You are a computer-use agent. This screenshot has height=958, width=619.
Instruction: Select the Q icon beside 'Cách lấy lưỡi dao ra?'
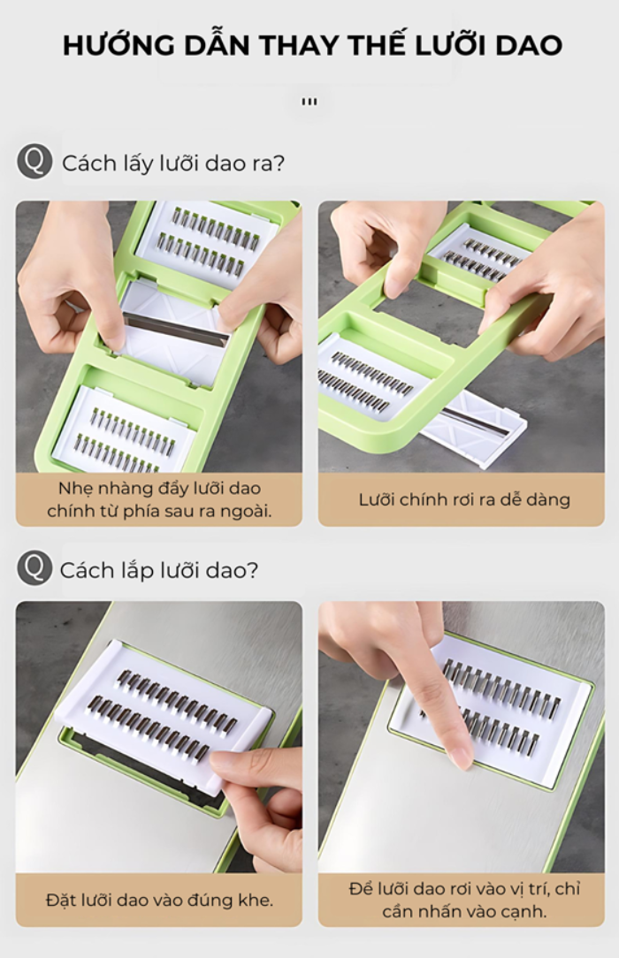[x=34, y=162]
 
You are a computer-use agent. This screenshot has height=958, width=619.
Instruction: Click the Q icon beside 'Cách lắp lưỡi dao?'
[x=34, y=567]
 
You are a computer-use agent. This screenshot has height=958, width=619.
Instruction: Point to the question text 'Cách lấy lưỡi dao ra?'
[x=173, y=163]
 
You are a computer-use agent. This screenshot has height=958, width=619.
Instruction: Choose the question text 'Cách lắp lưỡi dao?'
[x=159, y=571]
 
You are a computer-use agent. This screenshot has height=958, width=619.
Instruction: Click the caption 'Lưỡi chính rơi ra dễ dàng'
[x=464, y=500]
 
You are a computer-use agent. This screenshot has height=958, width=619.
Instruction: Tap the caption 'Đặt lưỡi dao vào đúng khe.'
[x=159, y=900]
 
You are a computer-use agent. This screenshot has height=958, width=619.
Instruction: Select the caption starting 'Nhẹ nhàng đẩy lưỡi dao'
[x=159, y=499]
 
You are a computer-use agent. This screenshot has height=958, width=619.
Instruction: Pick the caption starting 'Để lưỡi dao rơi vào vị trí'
[x=464, y=900]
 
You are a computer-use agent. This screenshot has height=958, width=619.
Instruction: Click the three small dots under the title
[x=309, y=102]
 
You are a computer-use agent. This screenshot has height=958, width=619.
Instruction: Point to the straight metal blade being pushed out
[x=176, y=330]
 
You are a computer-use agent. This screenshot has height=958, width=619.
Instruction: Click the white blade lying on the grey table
[x=483, y=425]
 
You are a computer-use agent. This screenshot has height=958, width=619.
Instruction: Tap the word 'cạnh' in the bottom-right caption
[x=523, y=911]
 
